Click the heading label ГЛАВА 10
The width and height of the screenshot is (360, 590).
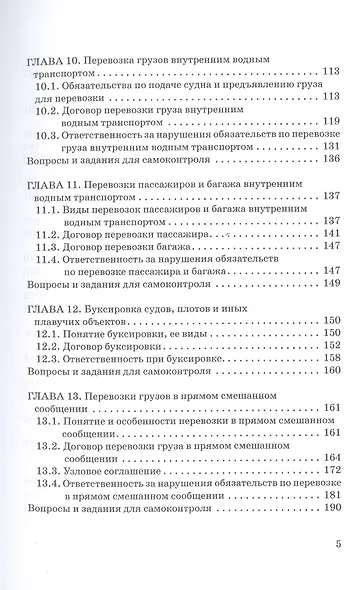[x=47, y=61]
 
